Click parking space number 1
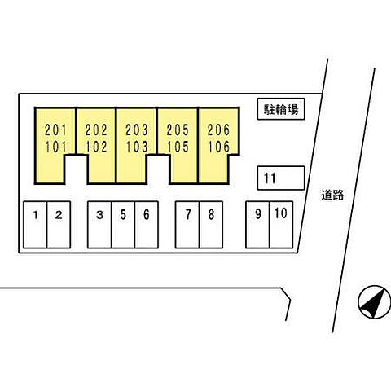click(35, 225)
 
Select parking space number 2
click(59, 225)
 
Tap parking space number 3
click(99, 225)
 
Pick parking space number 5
click(123, 225)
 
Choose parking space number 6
click(147, 225)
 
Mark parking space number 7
click(187, 225)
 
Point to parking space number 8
click(211, 225)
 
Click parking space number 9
click(257, 225)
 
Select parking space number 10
click(281, 225)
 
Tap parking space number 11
click(281, 178)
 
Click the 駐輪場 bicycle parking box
click(281, 109)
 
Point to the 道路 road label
click(332, 195)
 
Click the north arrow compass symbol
click(375, 301)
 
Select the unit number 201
click(55, 130)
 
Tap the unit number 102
click(96, 147)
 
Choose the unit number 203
click(137, 130)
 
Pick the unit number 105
click(178, 147)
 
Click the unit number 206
click(218, 130)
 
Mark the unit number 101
click(55, 147)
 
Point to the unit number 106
click(218, 147)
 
